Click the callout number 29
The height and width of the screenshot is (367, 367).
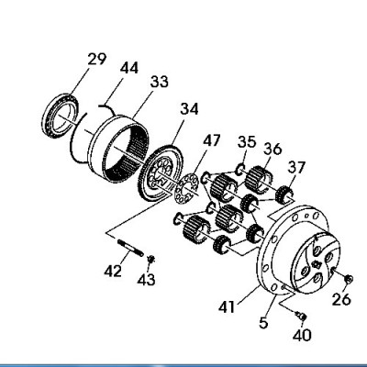(x=97, y=60)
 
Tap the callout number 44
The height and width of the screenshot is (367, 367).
(x=129, y=68)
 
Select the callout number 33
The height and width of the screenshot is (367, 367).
(x=160, y=82)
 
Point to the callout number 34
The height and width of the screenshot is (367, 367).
(x=189, y=109)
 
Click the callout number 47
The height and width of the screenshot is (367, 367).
(x=212, y=140)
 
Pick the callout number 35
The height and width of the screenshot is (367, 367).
(x=247, y=142)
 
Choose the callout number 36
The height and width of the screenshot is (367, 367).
(x=272, y=149)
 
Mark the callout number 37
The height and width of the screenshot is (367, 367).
(x=296, y=167)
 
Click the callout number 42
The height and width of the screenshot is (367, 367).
(x=113, y=271)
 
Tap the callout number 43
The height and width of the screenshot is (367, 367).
(x=146, y=280)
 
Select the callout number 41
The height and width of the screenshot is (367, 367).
(x=227, y=306)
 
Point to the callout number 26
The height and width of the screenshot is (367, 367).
(x=341, y=299)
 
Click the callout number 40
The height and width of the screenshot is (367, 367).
(x=302, y=335)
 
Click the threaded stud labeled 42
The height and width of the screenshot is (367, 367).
(x=130, y=249)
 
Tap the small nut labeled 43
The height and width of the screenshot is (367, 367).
(x=150, y=260)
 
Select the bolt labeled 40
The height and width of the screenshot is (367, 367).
(x=300, y=316)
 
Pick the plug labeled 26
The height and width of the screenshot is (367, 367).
(x=349, y=279)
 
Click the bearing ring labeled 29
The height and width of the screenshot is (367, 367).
(x=61, y=117)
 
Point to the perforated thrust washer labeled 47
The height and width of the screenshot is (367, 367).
(x=187, y=189)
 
